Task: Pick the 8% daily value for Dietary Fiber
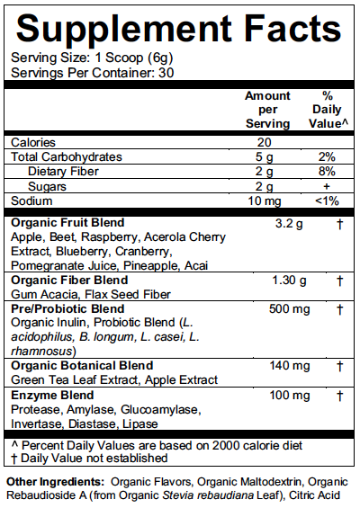click(x=328, y=171)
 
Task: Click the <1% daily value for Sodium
click(x=328, y=200)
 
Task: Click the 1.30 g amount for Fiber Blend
click(x=289, y=281)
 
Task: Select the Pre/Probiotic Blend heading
click(x=67, y=309)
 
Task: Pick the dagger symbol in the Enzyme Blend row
click(x=340, y=395)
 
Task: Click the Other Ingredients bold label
click(x=55, y=483)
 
